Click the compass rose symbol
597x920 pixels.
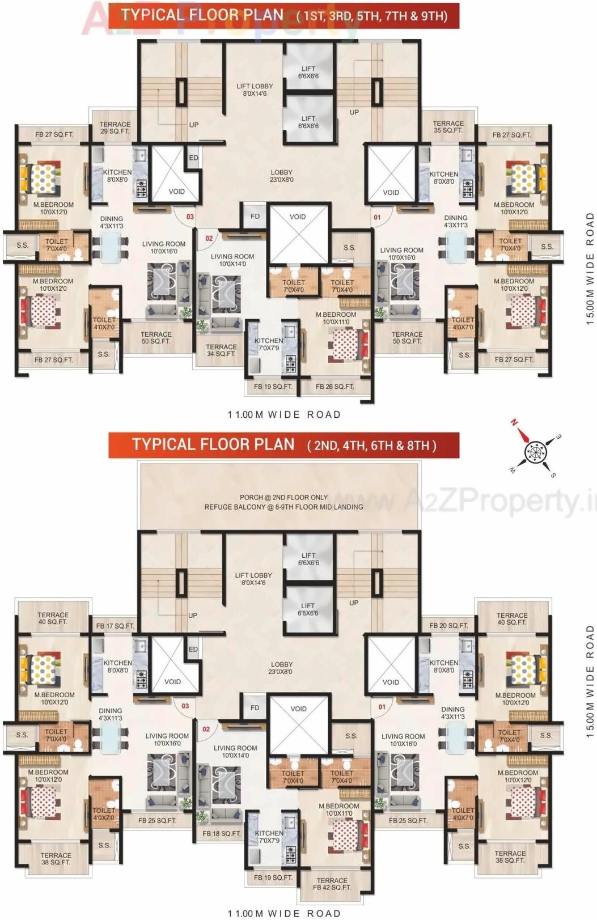click(534, 452)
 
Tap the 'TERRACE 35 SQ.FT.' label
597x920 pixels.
click(448, 127)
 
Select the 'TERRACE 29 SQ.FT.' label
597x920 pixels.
click(115, 128)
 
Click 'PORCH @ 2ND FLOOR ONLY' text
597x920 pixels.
click(283, 497)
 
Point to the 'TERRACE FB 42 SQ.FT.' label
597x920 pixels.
click(332, 884)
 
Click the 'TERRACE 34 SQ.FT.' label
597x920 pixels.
click(221, 350)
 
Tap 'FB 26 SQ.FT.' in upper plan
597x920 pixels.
click(335, 387)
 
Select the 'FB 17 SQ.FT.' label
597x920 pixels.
click(115, 626)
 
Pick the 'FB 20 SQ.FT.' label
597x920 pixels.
click(449, 625)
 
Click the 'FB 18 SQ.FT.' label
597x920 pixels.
click(222, 833)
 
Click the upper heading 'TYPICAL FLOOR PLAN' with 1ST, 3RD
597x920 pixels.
click(202, 15)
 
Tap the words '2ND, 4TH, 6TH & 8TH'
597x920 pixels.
click(371, 446)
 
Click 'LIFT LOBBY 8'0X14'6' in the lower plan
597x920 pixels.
click(253, 579)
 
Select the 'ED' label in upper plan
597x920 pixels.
click(194, 158)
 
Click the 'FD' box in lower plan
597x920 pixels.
click(255, 707)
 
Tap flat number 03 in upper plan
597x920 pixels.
click(190, 217)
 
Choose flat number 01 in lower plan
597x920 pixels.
click(382, 707)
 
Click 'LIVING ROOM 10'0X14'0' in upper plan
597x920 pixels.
click(232, 260)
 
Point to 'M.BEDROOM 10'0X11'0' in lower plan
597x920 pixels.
click(339, 809)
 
